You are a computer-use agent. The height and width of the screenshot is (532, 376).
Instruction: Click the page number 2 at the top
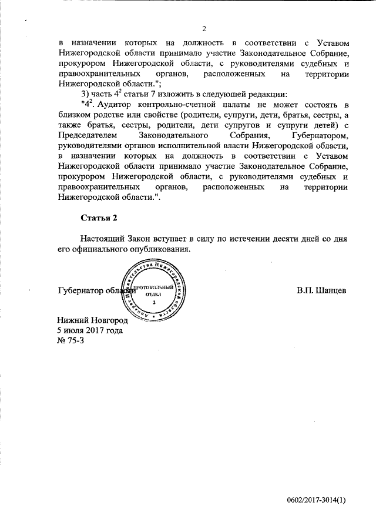tap(204, 28)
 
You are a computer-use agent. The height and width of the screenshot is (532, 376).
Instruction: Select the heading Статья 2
tap(99, 218)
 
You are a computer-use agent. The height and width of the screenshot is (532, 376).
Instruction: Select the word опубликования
tap(163, 250)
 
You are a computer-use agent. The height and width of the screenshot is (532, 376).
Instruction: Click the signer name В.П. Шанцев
tap(321, 290)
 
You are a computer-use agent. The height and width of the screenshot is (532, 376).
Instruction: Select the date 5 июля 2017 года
tap(90, 331)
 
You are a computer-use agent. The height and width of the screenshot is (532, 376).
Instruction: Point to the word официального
tap(99, 250)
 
